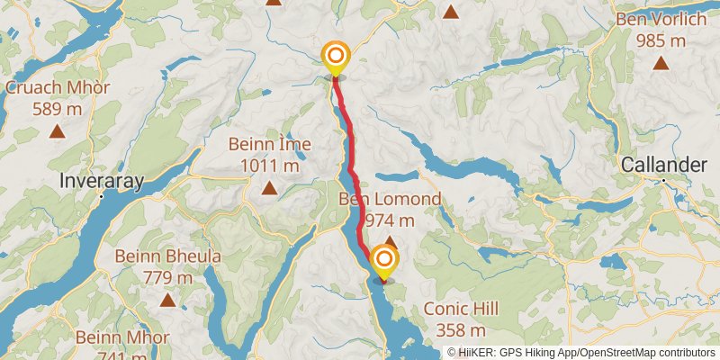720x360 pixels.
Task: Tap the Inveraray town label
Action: point(101,181)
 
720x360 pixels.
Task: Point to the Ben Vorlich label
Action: point(661,19)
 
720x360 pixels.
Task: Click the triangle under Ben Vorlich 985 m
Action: point(661,63)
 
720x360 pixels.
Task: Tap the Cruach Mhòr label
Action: point(58,88)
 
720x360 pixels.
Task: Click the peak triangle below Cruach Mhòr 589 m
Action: point(58,131)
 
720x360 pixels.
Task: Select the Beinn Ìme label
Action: point(269,144)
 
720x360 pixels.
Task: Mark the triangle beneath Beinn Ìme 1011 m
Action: point(269,187)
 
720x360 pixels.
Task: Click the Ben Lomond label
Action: point(390,199)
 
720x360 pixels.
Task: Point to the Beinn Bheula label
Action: point(167,256)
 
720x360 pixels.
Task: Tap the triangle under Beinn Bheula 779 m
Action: point(167,300)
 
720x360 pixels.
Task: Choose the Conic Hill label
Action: point(461,309)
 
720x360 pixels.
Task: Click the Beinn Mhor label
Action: point(122,338)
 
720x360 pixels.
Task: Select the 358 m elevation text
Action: point(461,330)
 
